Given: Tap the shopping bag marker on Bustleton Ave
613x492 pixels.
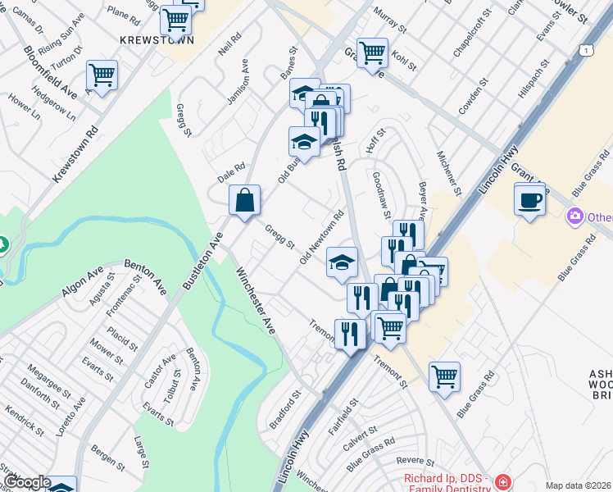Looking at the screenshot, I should (x=245, y=200).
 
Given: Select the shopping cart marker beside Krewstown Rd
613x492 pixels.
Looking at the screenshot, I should (x=102, y=76).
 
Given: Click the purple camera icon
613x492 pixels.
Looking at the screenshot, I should (x=575, y=216).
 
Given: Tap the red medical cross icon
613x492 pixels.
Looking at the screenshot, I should (x=502, y=482).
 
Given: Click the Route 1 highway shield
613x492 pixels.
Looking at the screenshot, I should (x=586, y=51).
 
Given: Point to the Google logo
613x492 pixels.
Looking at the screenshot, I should (x=26, y=482).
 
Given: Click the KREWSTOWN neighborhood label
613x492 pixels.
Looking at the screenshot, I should (x=157, y=39).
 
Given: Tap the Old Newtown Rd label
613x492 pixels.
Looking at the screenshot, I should (x=321, y=237).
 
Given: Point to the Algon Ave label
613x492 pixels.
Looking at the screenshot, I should (x=83, y=280).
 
